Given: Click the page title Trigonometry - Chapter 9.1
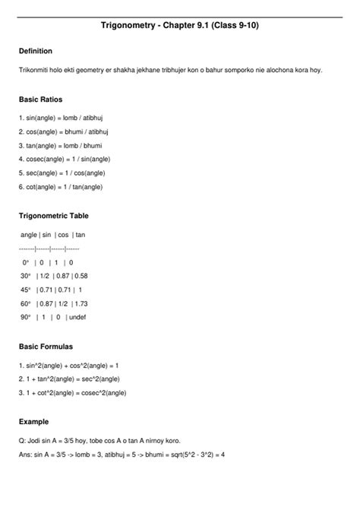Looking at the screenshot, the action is (179, 25).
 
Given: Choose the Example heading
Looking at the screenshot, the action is (33, 420).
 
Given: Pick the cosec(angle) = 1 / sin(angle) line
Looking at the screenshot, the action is (67, 160).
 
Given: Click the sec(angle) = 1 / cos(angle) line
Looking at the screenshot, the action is (62, 173).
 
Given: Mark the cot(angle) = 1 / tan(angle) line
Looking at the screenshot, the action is (62, 187).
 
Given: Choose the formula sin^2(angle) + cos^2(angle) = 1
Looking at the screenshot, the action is (68, 366).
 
